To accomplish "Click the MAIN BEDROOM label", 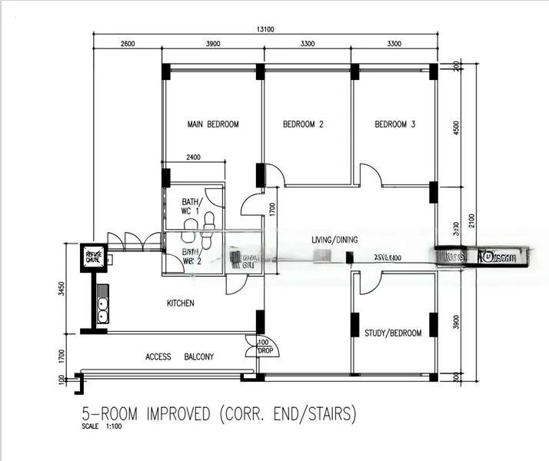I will (x=213, y=124).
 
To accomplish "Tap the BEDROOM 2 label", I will (x=303, y=124).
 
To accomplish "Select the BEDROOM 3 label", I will (x=395, y=124).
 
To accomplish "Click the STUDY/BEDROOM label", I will (x=394, y=333).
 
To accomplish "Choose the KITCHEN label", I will (x=181, y=303).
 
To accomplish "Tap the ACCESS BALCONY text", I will (x=179, y=357).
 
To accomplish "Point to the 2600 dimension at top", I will (x=128, y=44).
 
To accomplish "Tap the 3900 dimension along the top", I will (x=213, y=44).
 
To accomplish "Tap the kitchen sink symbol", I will (x=101, y=310).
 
